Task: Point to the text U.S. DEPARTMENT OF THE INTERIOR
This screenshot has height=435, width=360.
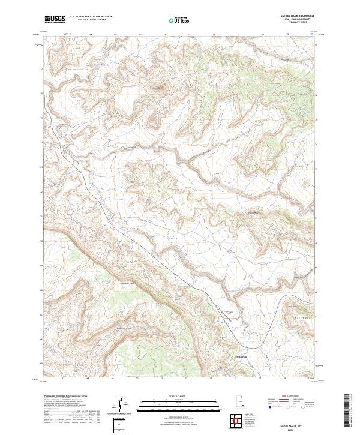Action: (91, 16)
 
